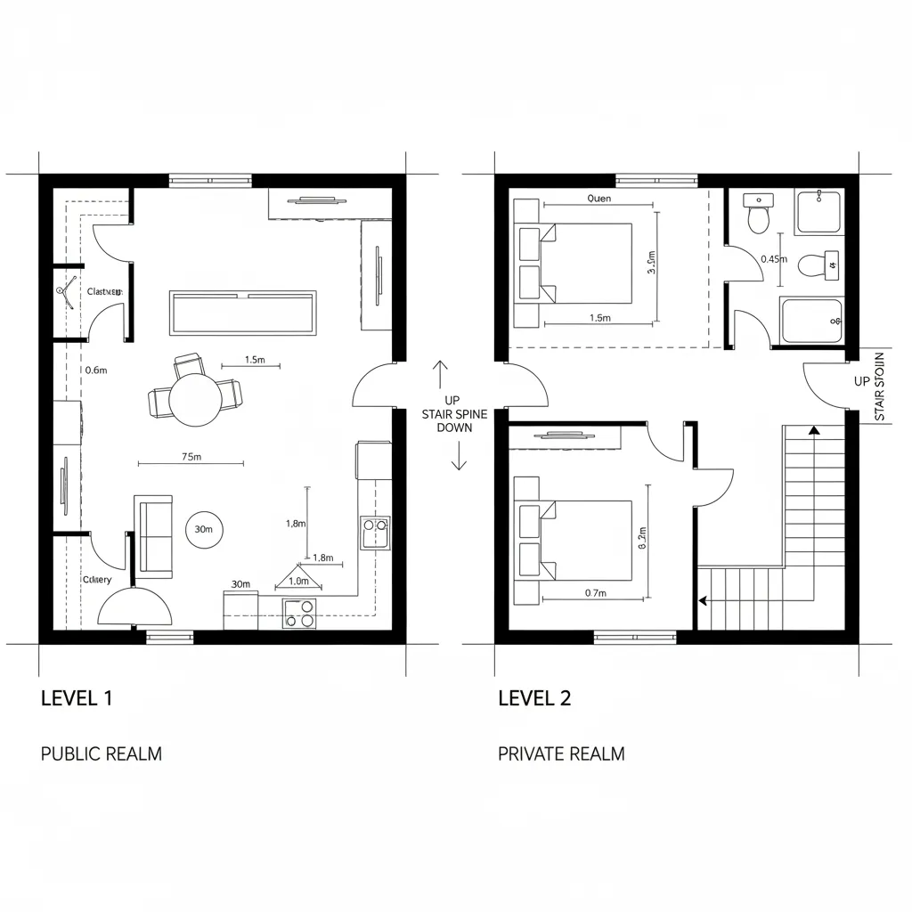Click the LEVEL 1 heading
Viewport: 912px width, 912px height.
click(77, 698)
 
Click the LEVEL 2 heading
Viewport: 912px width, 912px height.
click(534, 698)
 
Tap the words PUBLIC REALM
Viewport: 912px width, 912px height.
click(102, 753)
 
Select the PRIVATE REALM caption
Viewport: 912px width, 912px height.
click(561, 753)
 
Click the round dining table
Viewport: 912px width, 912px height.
click(196, 399)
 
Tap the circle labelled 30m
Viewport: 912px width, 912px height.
click(203, 530)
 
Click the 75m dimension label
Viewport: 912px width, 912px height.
click(191, 457)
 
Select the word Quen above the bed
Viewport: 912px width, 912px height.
click(599, 199)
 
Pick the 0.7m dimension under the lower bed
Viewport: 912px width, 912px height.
click(596, 592)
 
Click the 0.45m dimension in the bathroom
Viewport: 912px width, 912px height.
click(774, 259)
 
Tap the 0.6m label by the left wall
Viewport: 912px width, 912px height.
click(95, 370)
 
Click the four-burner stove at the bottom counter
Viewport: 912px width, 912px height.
click(300, 613)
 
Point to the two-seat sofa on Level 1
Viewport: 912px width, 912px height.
click(154, 536)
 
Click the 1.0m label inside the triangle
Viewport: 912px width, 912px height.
click(298, 581)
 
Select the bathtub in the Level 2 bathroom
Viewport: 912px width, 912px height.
click(811, 322)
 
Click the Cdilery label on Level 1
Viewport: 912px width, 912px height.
click(97, 580)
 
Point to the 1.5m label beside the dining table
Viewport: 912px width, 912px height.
click(255, 360)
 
